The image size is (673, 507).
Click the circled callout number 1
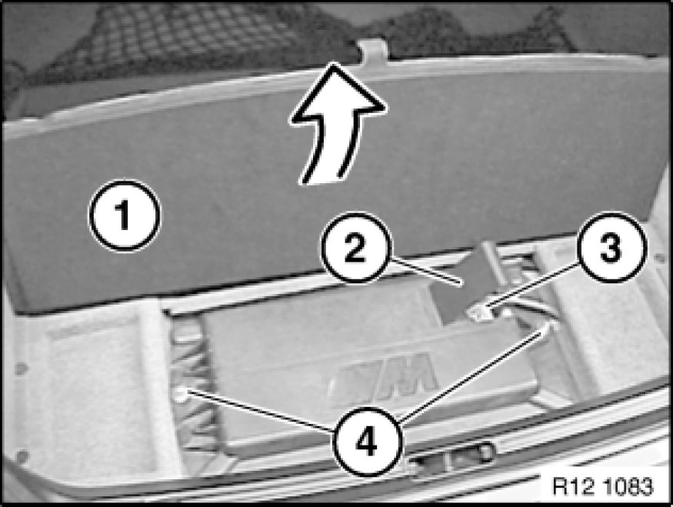[125, 215]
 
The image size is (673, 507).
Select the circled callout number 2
[356, 247]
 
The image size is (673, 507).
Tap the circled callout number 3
[611, 247]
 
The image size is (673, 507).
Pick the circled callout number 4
[368, 441]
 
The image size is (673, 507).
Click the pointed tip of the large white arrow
[332, 63]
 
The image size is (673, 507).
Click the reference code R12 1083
[602, 487]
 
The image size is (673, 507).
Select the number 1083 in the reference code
[628, 487]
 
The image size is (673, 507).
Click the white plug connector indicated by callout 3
[480, 312]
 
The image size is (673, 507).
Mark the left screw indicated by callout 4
[180, 394]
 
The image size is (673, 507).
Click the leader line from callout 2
[425, 272]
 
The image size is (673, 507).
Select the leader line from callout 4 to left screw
[261, 411]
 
